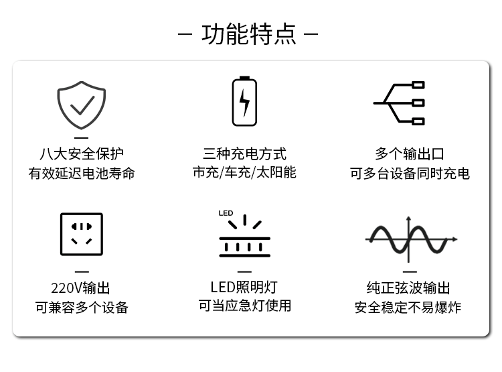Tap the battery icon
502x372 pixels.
click(244, 102)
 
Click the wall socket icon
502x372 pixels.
click(82, 234)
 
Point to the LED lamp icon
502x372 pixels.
click(244, 236)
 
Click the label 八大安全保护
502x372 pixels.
click(82, 154)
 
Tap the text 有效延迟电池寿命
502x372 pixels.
click(82, 174)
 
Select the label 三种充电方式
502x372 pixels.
click(244, 154)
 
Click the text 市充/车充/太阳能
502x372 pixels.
click(244, 172)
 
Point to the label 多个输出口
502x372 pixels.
click(410, 154)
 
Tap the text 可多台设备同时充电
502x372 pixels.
click(410, 174)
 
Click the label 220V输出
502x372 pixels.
click(81, 288)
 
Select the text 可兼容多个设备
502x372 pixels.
click(82, 308)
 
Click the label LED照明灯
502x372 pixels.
click(244, 288)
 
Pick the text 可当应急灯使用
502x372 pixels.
click(244, 306)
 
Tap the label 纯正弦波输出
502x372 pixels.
click(408, 288)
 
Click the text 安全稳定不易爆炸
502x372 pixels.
click(408, 308)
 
